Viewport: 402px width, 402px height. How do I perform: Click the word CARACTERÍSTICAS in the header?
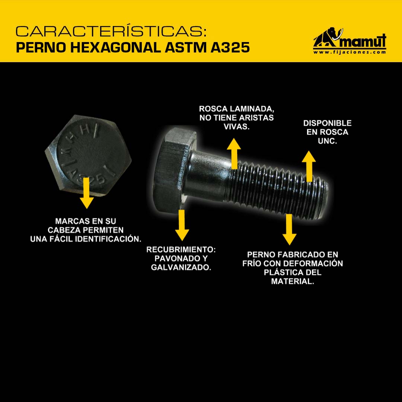[x=111, y=31]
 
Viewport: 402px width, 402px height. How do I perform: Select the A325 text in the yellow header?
[x=230, y=47]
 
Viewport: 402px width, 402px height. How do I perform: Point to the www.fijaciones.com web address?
[x=350, y=52]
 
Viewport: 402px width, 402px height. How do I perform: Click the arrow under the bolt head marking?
[x=87, y=193]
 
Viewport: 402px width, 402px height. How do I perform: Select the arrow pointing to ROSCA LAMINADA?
[x=234, y=154]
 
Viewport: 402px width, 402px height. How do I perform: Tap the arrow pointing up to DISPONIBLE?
[x=309, y=166]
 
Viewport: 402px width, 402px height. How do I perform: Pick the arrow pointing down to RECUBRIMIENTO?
[x=182, y=225]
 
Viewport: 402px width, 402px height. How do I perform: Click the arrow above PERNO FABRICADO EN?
[x=290, y=230]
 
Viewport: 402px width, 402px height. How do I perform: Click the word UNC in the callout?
[x=327, y=141]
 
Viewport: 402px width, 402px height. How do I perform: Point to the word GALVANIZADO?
[x=181, y=267]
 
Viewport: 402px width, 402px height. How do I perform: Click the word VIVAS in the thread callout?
[x=236, y=127]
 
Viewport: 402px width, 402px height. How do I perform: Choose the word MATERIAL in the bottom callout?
[x=293, y=281]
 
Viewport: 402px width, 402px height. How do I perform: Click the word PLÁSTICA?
[x=280, y=272]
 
